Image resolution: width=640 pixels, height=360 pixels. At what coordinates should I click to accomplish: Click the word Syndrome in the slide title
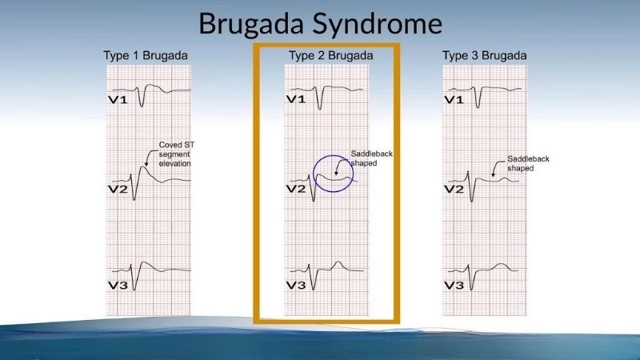pos(384,24)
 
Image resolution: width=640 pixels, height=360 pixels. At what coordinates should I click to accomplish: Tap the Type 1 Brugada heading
pos(146,56)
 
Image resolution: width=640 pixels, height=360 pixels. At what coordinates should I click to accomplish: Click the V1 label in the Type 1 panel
pos(119,99)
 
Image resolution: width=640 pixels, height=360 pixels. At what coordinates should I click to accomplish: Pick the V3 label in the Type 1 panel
pos(119,285)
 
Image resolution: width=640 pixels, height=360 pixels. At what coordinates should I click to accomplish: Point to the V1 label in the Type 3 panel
pos(454,99)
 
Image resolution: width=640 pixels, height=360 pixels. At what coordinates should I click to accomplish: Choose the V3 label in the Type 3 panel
pos(454,285)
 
